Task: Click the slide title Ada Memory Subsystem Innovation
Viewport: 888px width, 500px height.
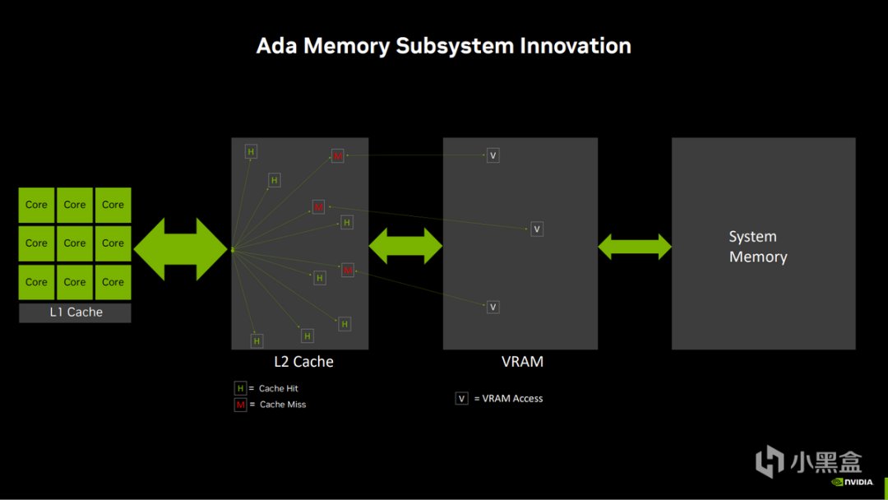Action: (444, 45)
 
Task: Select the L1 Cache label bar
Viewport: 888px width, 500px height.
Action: (75, 312)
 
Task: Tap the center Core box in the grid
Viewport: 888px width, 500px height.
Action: (75, 243)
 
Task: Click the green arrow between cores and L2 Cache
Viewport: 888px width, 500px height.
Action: (180, 249)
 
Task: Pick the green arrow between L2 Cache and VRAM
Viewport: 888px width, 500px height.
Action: (405, 246)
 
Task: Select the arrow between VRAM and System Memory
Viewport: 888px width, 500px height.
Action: (635, 247)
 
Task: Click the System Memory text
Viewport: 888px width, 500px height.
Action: (757, 247)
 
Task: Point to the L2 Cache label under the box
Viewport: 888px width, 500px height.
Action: (303, 362)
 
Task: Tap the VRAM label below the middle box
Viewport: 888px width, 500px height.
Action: (522, 362)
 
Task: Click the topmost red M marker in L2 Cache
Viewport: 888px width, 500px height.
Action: (337, 155)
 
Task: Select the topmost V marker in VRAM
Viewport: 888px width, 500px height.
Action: (493, 155)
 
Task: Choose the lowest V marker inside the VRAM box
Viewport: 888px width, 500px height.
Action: (493, 307)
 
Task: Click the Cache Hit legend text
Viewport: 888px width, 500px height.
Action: (278, 388)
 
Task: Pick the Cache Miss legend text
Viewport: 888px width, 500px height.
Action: (283, 405)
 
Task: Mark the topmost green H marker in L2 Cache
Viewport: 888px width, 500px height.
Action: (251, 151)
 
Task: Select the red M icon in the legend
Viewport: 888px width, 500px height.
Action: (240, 405)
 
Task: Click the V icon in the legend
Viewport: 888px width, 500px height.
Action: (461, 399)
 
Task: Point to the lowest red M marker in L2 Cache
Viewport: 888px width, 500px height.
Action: (347, 270)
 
